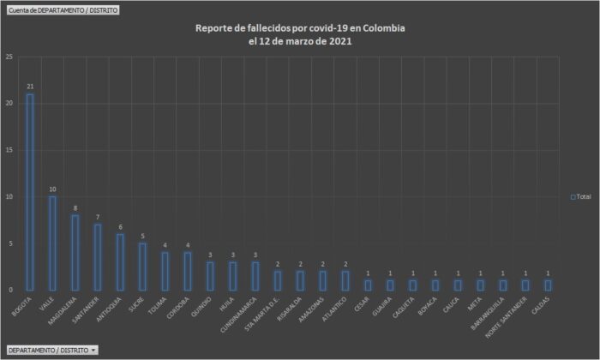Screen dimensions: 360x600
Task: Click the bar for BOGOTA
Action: pyautogui.click(x=30, y=192)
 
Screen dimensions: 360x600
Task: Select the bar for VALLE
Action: pyautogui.click(x=52, y=243)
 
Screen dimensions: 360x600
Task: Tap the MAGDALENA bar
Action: pyautogui.click(x=75, y=253)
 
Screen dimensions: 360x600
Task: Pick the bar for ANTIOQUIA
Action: pyautogui.click(x=120, y=262)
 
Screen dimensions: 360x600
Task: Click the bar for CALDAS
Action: pyautogui.click(x=548, y=285)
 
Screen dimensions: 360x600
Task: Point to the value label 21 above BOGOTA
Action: pyautogui.click(x=30, y=87)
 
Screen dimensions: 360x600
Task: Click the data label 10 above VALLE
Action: pyautogui.click(x=52, y=189)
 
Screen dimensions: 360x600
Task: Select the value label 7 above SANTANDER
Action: pyautogui.click(x=98, y=218)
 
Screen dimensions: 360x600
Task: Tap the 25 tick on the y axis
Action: pyautogui.click(x=9, y=57)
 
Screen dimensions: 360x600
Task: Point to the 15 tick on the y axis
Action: pyautogui.click(x=9, y=151)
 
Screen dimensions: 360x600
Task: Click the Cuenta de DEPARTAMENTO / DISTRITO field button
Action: pyautogui.click(x=62, y=9)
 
